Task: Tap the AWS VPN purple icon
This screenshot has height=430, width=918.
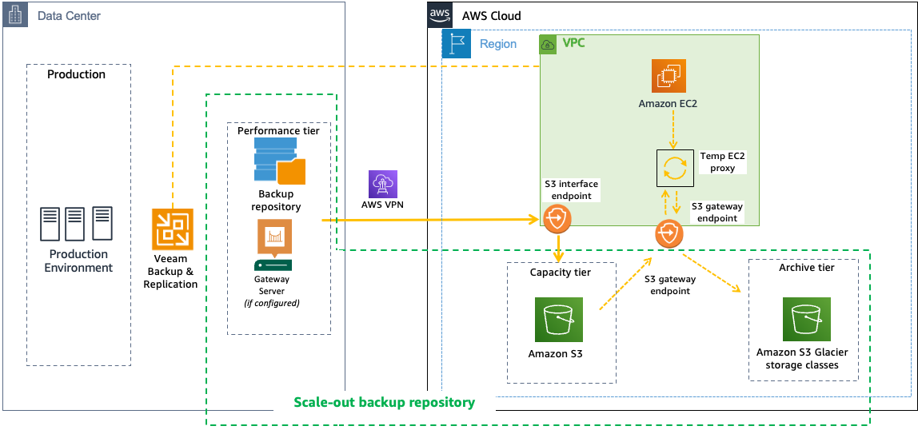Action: (382, 183)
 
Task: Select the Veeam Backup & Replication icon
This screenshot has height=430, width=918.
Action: (173, 229)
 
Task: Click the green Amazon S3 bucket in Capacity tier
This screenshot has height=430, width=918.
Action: (559, 320)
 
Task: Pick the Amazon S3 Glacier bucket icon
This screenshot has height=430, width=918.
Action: (806, 320)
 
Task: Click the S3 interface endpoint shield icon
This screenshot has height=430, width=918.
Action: (557, 217)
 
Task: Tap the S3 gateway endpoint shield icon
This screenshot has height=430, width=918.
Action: (669, 234)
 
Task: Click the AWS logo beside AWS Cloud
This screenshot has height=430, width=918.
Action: (441, 14)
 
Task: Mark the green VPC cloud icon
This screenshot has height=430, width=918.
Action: (549, 45)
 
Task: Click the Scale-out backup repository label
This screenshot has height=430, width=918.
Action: (384, 402)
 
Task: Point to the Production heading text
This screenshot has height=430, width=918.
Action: (76, 74)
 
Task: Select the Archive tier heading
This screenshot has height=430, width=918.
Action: (806, 268)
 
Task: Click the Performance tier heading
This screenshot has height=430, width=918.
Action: (278, 130)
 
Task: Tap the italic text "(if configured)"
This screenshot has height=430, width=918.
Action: (272, 303)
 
